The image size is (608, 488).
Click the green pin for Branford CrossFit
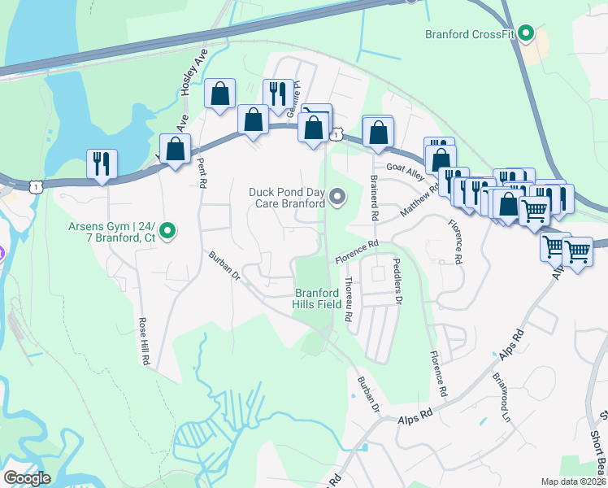[x=526, y=34]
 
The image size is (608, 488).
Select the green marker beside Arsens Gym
[x=167, y=232]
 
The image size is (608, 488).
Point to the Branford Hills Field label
[x=317, y=298]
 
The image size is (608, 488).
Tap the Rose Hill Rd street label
[x=145, y=340]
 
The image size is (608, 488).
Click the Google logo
[x=26, y=478]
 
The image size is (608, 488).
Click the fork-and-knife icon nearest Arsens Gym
[x=102, y=163]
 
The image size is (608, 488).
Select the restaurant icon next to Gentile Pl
[x=278, y=94]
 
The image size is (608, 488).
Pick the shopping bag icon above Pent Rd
[x=176, y=148]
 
